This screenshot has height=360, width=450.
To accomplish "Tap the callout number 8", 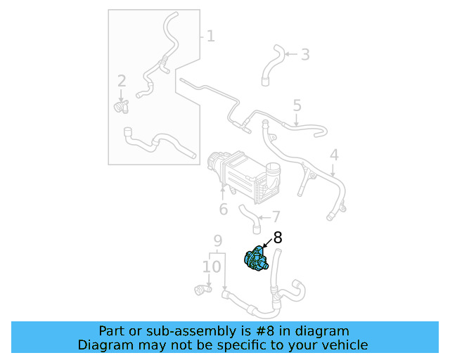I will click(277, 238).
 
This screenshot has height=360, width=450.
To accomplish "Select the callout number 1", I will click(210, 35).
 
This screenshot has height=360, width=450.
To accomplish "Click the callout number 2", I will click(122, 81).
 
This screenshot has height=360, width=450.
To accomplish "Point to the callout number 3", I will click(304, 54).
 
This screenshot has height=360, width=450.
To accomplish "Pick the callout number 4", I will click(334, 155).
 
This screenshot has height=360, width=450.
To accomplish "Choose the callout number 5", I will click(297, 106).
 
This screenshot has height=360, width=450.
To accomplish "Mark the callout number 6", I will click(223, 209).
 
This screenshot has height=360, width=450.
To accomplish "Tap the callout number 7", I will click(276, 217).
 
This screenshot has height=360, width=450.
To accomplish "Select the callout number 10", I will click(212, 266).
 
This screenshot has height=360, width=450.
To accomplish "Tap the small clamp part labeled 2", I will click(122, 106).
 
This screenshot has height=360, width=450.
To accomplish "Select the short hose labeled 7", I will click(249, 217).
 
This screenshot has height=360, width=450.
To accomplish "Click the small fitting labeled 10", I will click(202, 288).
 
